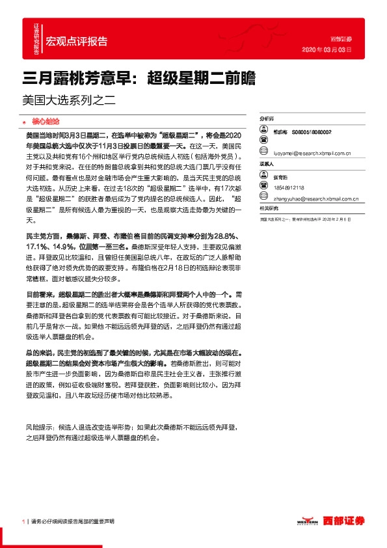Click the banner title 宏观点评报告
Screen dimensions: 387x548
click(77, 41)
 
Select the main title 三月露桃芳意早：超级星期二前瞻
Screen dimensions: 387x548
click(139, 78)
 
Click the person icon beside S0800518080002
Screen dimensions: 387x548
click(263, 131)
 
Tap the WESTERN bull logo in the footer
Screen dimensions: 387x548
click(307, 521)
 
